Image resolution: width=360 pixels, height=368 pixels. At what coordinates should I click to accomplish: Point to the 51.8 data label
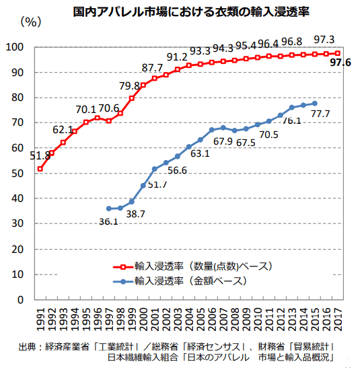[40, 156]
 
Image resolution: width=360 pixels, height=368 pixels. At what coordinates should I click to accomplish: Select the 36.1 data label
[108, 220]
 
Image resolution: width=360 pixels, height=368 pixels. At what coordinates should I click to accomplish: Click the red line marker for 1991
[40, 168]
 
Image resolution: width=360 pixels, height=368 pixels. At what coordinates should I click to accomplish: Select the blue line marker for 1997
[109, 209]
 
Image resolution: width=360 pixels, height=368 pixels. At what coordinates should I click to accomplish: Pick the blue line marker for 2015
[315, 104]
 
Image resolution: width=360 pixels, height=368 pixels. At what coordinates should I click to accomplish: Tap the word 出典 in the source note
[28, 346]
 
